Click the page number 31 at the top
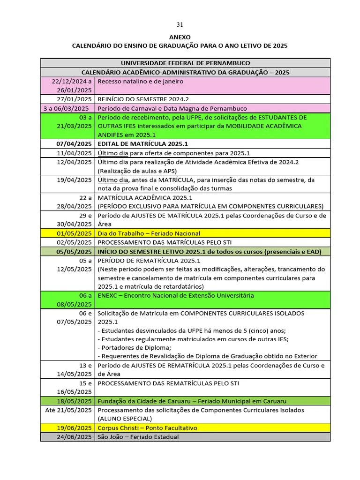click(x=180, y=24)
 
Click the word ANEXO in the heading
click(x=180, y=37)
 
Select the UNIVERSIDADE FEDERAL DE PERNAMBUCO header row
click(x=185, y=63)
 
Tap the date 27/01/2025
click(x=74, y=99)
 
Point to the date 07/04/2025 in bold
click(x=74, y=144)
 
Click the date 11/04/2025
click(x=74, y=153)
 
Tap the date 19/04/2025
click(x=74, y=180)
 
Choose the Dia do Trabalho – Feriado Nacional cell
click(x=149, y=233)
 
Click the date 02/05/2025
click(x=74, y=242)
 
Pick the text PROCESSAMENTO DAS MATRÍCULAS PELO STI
click(x=171, y=242)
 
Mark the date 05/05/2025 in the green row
click(x=74, y=252)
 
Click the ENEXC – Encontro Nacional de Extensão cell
click(x=175, y=296)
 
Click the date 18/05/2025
click(x=74, y=401)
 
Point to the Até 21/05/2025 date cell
click(x=68, y=410)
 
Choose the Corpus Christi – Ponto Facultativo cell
click(x=147, y=428)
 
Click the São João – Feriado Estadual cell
click(x=138, y=437)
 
